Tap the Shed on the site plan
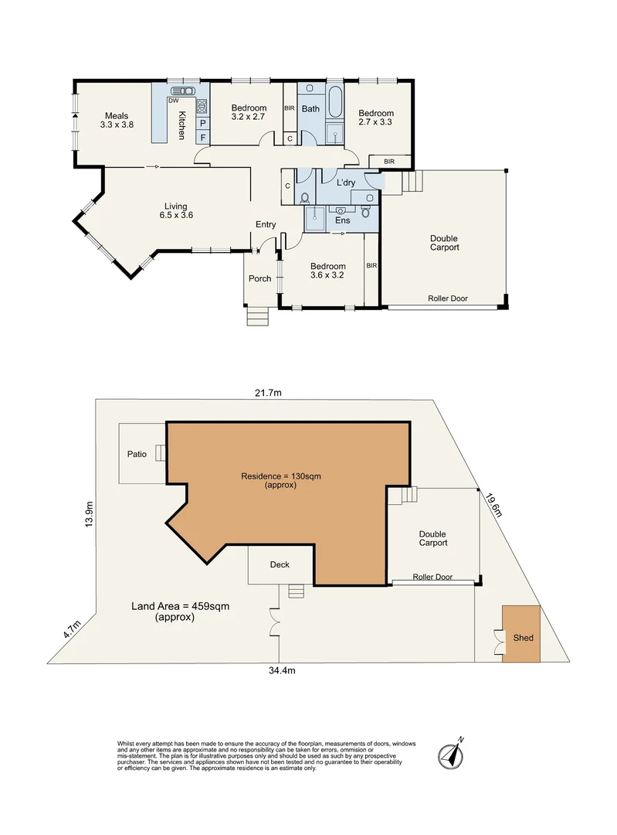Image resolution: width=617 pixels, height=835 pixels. (521, 634)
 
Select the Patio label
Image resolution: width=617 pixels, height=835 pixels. (137, 455)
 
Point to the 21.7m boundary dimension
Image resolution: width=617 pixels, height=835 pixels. (268, 393)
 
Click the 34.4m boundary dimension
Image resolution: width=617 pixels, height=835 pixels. (282, 670)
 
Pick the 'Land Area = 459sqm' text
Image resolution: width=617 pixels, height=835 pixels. (181, 606)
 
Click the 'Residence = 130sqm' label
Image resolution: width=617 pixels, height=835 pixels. (281, 476)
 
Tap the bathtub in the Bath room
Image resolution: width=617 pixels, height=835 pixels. (335, 101)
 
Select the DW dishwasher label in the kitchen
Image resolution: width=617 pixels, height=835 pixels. (174, 100)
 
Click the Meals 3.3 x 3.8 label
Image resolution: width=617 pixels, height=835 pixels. (117, 120)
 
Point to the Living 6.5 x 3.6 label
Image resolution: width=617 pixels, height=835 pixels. (175, 211)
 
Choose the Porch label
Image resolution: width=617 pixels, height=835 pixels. (259, 278)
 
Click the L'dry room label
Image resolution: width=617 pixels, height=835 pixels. (346, 182)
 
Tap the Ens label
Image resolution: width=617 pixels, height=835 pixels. (343, 220)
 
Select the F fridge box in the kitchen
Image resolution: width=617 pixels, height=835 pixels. (202, 138)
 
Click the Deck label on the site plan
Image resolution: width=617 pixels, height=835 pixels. (280, 564)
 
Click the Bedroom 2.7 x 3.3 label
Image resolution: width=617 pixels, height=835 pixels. (376, 118)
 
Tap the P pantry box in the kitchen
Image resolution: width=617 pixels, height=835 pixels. (202, 124)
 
